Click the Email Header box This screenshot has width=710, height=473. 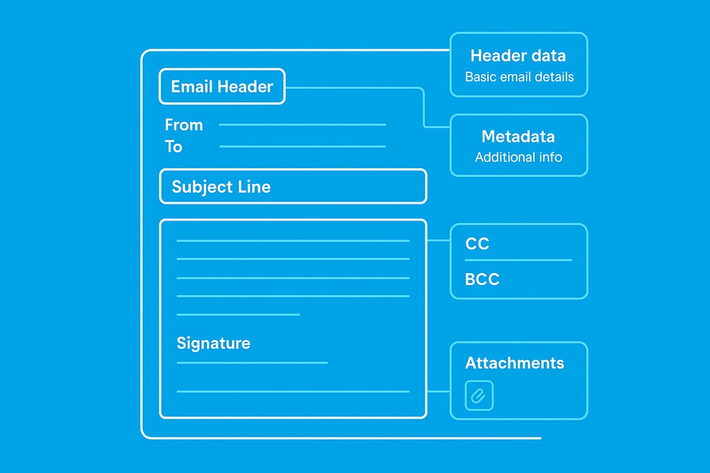[222, 87]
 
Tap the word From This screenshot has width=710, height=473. [183, 125]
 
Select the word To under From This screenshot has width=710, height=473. [173, 146]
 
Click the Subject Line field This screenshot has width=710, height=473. [293, 187]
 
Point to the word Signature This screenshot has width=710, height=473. [213, 343]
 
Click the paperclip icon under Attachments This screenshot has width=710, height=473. [479, 396]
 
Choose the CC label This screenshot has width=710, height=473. [477, 244]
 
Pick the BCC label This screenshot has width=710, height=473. [482, 279]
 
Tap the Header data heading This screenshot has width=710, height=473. [518, 56]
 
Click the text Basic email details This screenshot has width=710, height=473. [519, 77]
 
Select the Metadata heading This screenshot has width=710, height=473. [518, 137]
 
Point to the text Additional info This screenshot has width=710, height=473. [518, 157]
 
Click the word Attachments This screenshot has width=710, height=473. [515, 362]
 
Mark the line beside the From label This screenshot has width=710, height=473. [302, 125]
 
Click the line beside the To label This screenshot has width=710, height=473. [302, 147]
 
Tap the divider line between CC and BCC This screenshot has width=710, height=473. [518, 260]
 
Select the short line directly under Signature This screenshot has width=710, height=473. [252, 362]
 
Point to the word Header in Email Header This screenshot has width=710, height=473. [246, 87]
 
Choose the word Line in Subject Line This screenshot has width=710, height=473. [256, 187]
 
